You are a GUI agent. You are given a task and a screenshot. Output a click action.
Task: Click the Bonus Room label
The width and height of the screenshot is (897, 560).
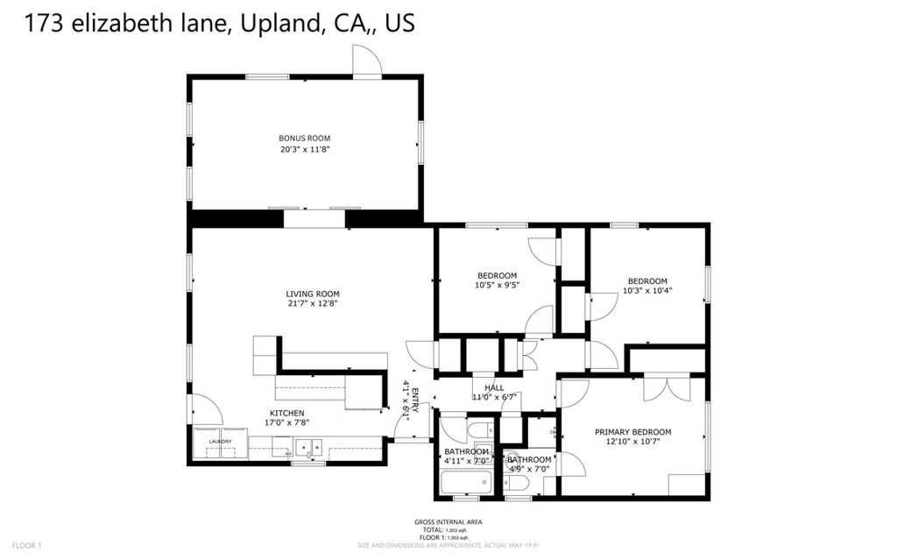tap(304, 138)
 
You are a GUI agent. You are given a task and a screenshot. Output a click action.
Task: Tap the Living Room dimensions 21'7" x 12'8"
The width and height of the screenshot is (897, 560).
tap(312, 304)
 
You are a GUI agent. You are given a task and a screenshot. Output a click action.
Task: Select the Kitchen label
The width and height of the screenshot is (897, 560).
tap(286, 413)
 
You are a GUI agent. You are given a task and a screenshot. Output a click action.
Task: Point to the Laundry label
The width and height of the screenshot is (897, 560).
tap(220, 442)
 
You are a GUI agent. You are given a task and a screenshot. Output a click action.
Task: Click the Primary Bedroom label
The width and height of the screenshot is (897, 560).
tap(632, 432)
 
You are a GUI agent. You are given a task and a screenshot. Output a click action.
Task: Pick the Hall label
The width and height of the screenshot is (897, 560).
tap(494, 387)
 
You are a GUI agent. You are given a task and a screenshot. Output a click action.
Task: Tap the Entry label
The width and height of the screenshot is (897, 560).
tap(415, 400)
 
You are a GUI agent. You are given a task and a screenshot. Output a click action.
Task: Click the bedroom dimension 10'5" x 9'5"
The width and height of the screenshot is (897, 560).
tap(497, 285)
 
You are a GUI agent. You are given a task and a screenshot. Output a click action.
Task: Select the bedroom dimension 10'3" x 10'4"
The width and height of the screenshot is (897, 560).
tap(647, 291)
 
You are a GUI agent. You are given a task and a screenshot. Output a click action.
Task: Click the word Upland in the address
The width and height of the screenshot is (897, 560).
tap(278, 24)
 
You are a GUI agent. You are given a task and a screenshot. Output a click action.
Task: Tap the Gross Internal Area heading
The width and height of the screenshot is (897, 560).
tap(448, 522)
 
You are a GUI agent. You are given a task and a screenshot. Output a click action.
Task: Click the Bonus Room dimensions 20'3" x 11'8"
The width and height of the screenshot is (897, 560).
tap(304, 149)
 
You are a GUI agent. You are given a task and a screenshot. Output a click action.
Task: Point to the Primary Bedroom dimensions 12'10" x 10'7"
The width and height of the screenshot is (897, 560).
tap(632, 442)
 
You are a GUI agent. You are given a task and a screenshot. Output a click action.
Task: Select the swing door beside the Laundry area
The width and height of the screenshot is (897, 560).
tap(207, 408)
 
